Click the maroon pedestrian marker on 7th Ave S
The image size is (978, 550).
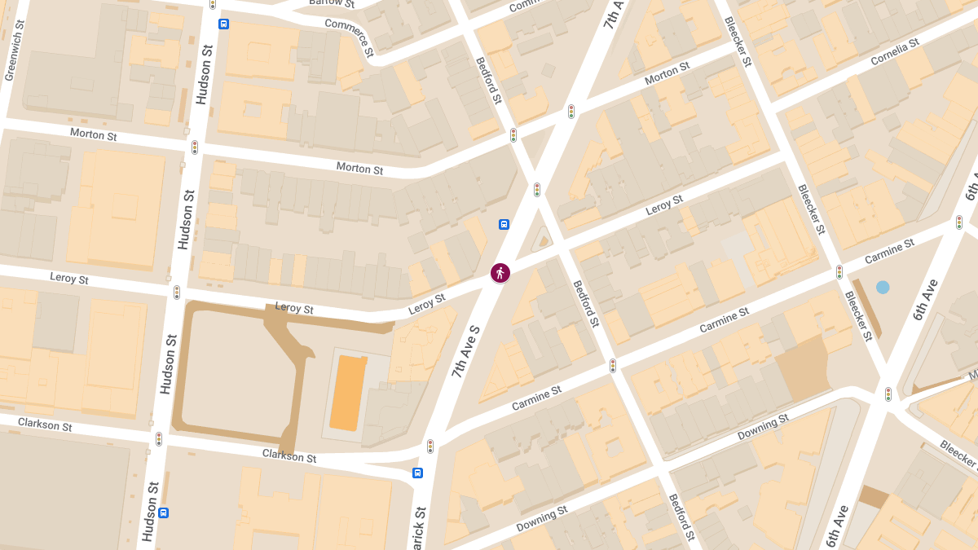coord(500,273)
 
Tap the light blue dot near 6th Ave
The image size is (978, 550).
coord(883,287)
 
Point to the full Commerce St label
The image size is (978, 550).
coord(350,37)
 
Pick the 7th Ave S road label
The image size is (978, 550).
coord(465,351)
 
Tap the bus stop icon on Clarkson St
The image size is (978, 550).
coord(417,473)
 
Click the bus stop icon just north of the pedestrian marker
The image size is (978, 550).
coord(504,224)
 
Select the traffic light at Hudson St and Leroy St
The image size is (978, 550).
coord(176,293)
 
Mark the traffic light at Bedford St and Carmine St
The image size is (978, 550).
coord(612,366)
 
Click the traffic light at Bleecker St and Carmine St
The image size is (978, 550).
coord(839,272)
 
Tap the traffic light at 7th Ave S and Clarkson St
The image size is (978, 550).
coord(430,447)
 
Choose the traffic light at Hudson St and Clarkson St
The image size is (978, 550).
coord(159,439)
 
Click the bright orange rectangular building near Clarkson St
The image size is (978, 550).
coord(349,393)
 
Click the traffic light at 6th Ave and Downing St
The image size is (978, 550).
coord(888,395)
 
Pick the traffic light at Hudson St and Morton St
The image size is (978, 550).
coord(194,147)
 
